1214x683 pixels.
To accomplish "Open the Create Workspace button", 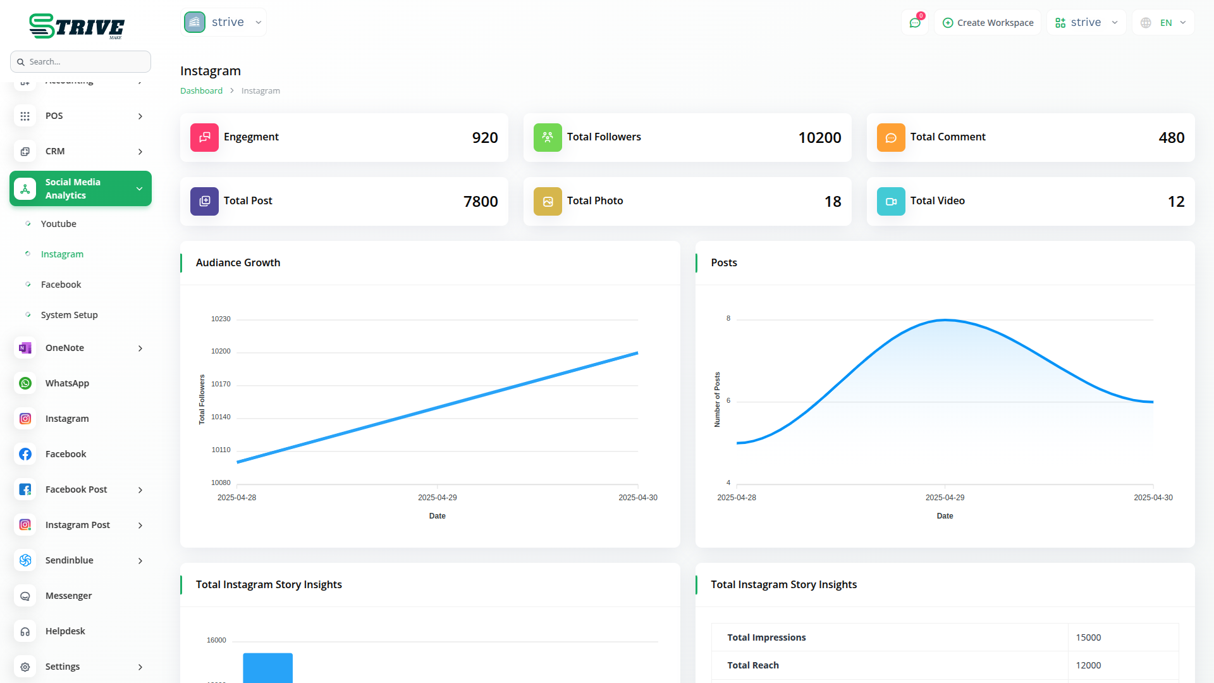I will tap(988, 23).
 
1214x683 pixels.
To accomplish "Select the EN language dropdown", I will tap(1164, 23).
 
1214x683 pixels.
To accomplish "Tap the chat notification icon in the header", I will tap(915, 23).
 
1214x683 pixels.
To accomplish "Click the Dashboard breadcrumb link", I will tap(201, 91).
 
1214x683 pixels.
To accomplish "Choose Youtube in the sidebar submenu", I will tap(58, 224).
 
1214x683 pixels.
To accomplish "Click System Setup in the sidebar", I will tap(69, 315).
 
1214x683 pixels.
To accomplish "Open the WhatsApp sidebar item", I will tap(67, 383).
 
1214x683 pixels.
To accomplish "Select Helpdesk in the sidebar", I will tap(65, 631).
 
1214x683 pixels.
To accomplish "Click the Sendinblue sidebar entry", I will tap(70, 560).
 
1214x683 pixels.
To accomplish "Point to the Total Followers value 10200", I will tap(819, 138).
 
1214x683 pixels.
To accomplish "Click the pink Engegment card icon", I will tap(204, 138).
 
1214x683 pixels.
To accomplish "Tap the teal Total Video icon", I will tap(891, 202).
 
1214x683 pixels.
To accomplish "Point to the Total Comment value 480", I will tap(1171, 138).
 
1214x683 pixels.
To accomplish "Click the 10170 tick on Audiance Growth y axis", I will tap(221, 384).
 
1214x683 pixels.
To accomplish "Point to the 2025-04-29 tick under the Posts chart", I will tap(945, 498).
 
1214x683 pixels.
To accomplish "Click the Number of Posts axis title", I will tap(717, 400).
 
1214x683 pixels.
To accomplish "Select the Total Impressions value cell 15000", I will tap(1088, 637).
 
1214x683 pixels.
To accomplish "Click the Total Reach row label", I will tap(752, 665).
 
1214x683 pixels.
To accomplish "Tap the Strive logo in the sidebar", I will tap(77, 27).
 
